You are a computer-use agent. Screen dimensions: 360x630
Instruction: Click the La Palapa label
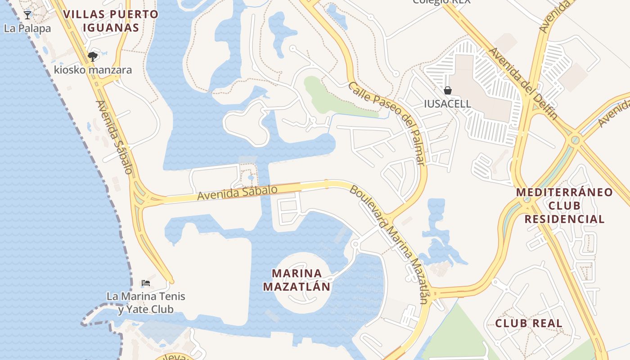click(27, 28)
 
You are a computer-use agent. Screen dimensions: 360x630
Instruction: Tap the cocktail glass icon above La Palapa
click(27, 15)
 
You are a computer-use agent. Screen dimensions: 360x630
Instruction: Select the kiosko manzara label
click(93, 70)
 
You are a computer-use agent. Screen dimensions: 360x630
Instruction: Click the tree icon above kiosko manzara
click(93, 57)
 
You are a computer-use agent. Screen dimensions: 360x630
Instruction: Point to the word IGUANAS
click(111, 28)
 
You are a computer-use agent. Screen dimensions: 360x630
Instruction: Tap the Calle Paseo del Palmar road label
click(387, 123)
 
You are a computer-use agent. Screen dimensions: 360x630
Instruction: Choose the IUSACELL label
click(447, 104)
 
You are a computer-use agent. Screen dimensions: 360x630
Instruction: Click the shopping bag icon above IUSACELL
click(448, 90)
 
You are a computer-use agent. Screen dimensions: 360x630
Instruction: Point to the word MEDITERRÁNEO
click(564, 193)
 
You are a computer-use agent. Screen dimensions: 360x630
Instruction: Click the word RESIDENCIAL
click(564, 220)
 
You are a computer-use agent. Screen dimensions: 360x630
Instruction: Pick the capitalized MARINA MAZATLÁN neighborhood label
click(297, 280)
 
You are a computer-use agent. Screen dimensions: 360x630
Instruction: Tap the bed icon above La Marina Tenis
click(145, 283)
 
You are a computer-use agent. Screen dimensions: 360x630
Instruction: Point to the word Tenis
click(174, 297)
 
